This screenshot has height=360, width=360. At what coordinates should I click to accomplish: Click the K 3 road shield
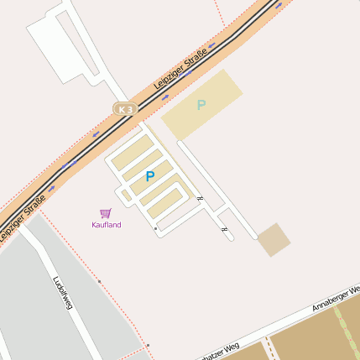tap(125, 109)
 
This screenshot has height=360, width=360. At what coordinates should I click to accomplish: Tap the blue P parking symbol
tap(150, 176)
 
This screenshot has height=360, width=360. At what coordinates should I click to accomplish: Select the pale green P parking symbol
tap(201, 105)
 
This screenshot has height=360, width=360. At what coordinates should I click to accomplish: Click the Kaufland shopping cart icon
tap(106, 213)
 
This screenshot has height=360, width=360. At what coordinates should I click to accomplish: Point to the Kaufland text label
tap(107, 225)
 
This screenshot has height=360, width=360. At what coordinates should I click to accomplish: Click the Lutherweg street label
tap(61, 294)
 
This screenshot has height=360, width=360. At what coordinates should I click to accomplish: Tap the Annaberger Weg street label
tap(335, 298)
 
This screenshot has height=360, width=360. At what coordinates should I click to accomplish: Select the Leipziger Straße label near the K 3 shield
tap(180, 71)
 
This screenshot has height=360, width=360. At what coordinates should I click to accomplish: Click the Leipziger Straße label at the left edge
tap(22, 217)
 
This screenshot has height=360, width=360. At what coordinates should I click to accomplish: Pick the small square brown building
tap(274, 239)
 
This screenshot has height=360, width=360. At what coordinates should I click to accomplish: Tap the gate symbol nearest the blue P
tap(200, 198)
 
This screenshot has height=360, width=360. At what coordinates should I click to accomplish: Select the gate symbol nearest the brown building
tap(223, 228)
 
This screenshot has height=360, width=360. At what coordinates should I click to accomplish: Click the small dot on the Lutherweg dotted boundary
tap(99, 281)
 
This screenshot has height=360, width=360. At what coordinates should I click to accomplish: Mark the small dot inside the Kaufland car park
tap(155, 228)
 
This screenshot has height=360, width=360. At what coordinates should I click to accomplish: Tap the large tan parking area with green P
tap(201, 105)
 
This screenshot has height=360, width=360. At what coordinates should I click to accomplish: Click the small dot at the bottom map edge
tap(147, 345)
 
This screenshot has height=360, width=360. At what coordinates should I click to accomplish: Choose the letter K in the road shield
tap(122, 109)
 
